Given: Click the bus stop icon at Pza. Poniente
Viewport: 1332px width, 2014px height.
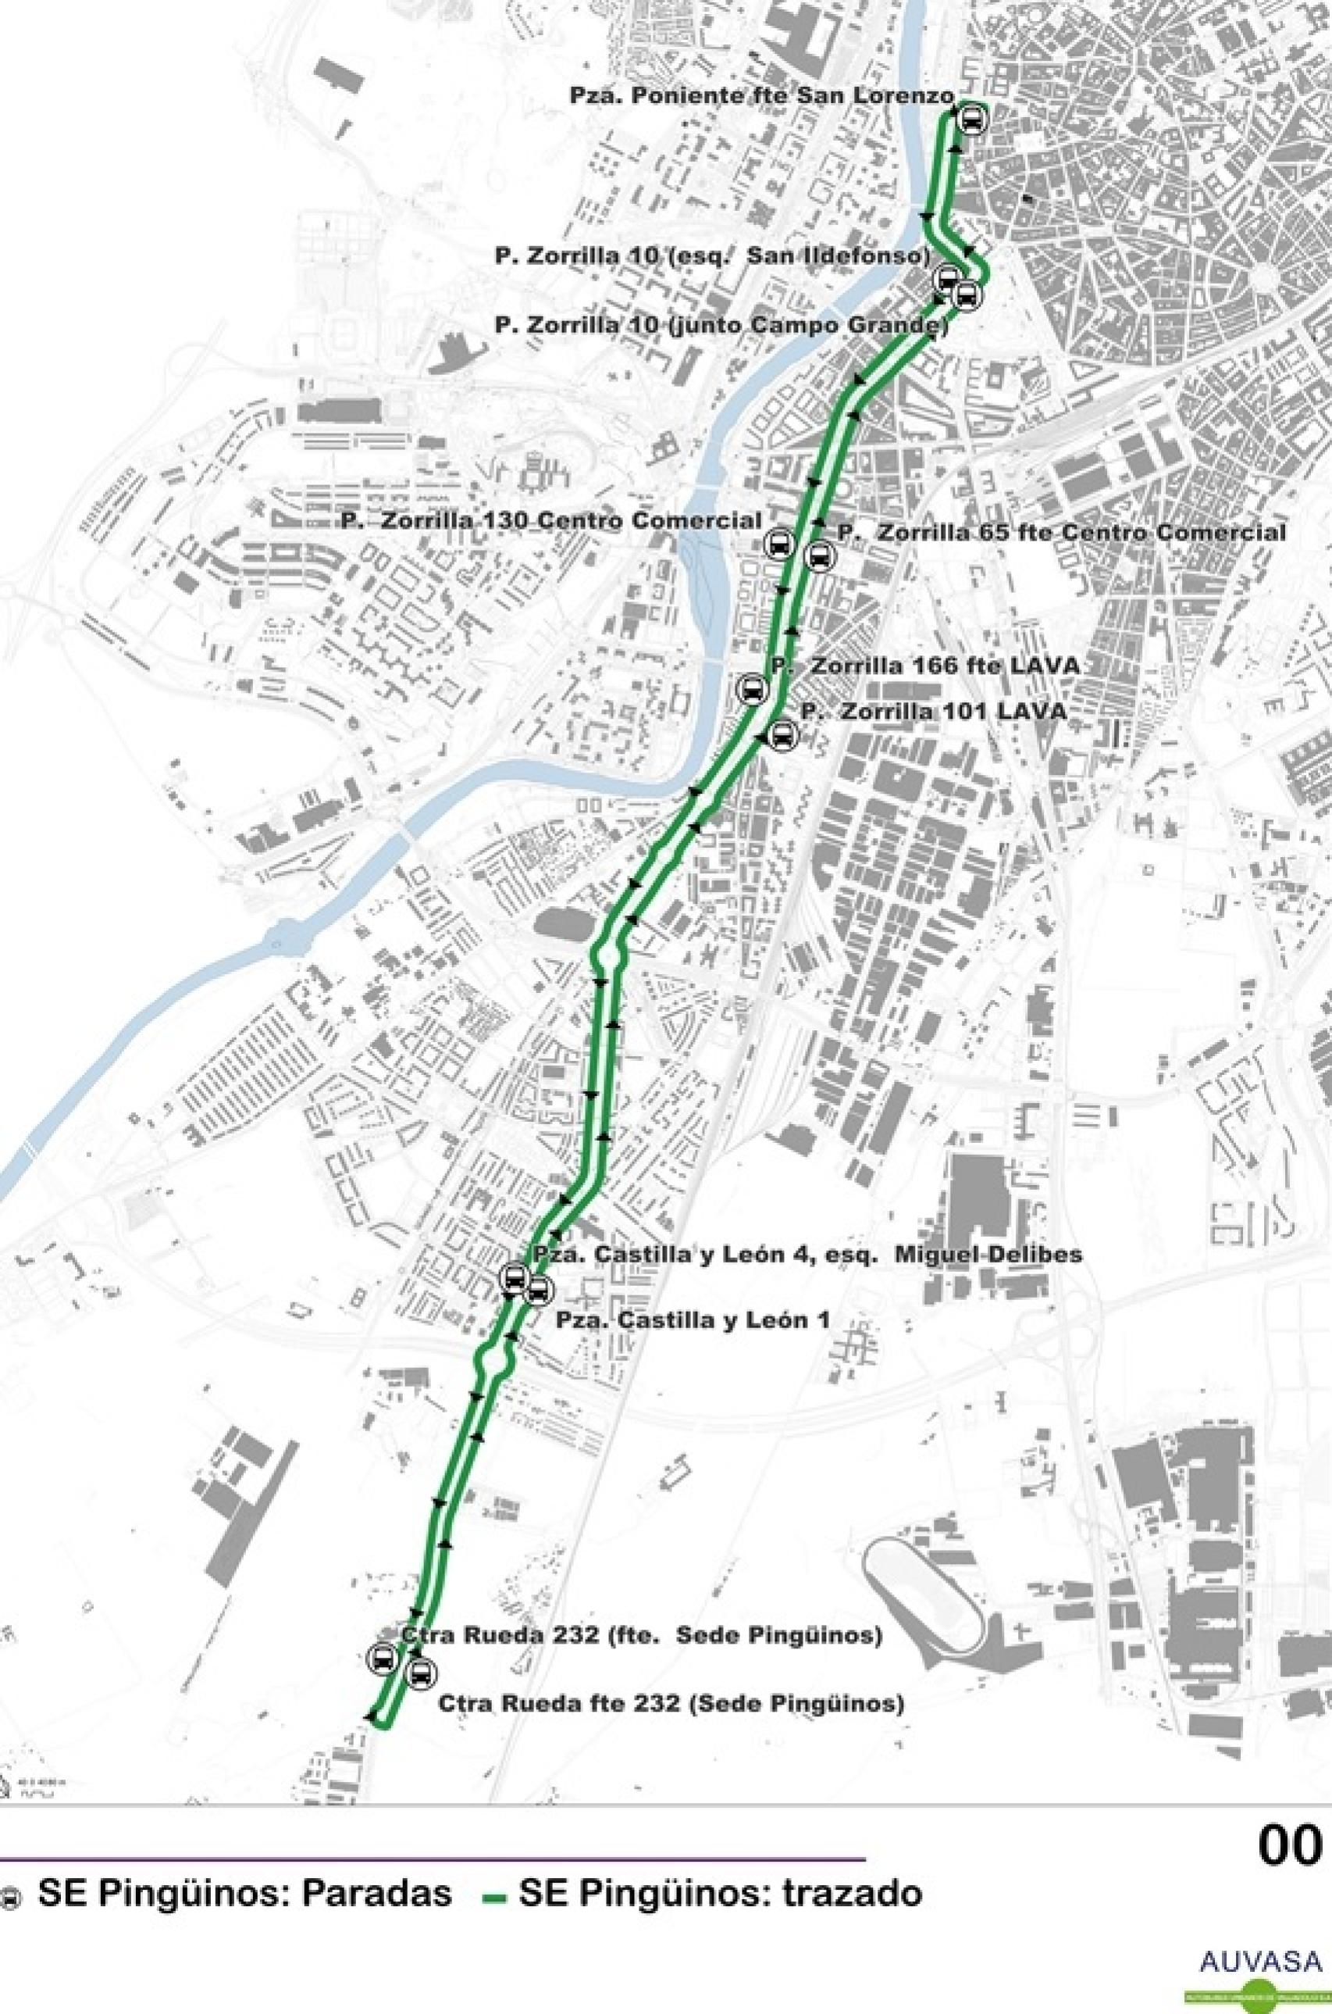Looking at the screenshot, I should click(972, 120).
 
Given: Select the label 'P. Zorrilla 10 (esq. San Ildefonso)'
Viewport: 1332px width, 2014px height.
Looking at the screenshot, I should click(712, 255).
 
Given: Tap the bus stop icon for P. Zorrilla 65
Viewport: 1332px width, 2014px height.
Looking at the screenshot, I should click(819, 556).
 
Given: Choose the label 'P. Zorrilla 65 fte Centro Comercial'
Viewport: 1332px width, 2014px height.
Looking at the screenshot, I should click(1061, 534).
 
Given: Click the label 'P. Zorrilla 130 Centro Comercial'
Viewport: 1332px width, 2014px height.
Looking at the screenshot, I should click(550, 521).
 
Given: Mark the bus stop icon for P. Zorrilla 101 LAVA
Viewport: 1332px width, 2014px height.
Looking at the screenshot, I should click(782, 735).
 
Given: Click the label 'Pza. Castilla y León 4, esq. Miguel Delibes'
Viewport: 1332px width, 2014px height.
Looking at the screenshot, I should click(808, 1255).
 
